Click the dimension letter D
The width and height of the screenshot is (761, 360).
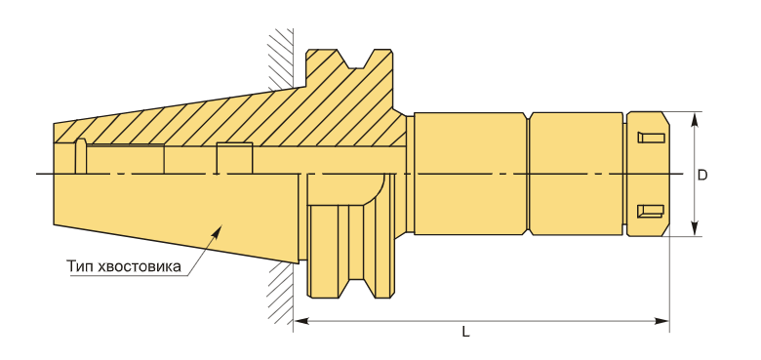click(x=702, y=176)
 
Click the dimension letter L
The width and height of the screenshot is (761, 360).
click(x=465, y=333)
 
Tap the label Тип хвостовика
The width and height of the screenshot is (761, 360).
click(x=124, y=266)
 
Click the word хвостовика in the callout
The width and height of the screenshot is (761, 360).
click(x=140, y=267)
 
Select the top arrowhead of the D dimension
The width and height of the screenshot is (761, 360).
click(x=696, y=119)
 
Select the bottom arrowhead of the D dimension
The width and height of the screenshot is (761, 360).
click(x=696, y=229)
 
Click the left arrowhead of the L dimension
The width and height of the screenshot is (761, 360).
click(x=301, y=321)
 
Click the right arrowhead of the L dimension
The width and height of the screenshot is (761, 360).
click(x=661, y=321)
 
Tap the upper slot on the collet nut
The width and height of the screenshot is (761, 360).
click(x=651, y=138)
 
